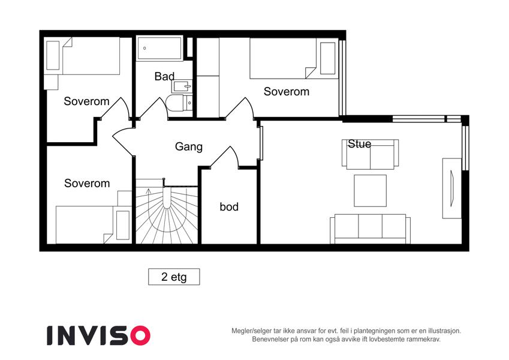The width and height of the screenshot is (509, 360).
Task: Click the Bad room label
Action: (165, 76)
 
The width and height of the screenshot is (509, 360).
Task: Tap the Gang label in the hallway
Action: (189, 146)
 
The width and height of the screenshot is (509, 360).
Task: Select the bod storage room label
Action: (229, 206)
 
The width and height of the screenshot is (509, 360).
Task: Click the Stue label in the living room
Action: (359, 143)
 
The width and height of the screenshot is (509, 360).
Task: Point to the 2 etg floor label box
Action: (174, 277)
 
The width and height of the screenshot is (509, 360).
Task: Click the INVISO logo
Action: (98, 335)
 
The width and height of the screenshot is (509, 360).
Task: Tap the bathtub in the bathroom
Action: (159, 49)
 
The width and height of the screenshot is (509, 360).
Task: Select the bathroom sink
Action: (182, 86)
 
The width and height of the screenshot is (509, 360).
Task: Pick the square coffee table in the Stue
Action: (370, 191)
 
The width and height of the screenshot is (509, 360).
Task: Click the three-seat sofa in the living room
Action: (370, 229)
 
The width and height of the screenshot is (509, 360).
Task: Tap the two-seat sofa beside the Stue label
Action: (370, 155)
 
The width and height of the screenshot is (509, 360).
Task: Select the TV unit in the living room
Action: (451, 188)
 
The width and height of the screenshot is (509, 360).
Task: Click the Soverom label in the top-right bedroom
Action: (287, 92)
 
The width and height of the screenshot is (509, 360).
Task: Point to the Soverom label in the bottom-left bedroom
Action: (87, 183)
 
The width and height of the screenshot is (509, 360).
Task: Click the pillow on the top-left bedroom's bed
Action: (53, 56)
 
